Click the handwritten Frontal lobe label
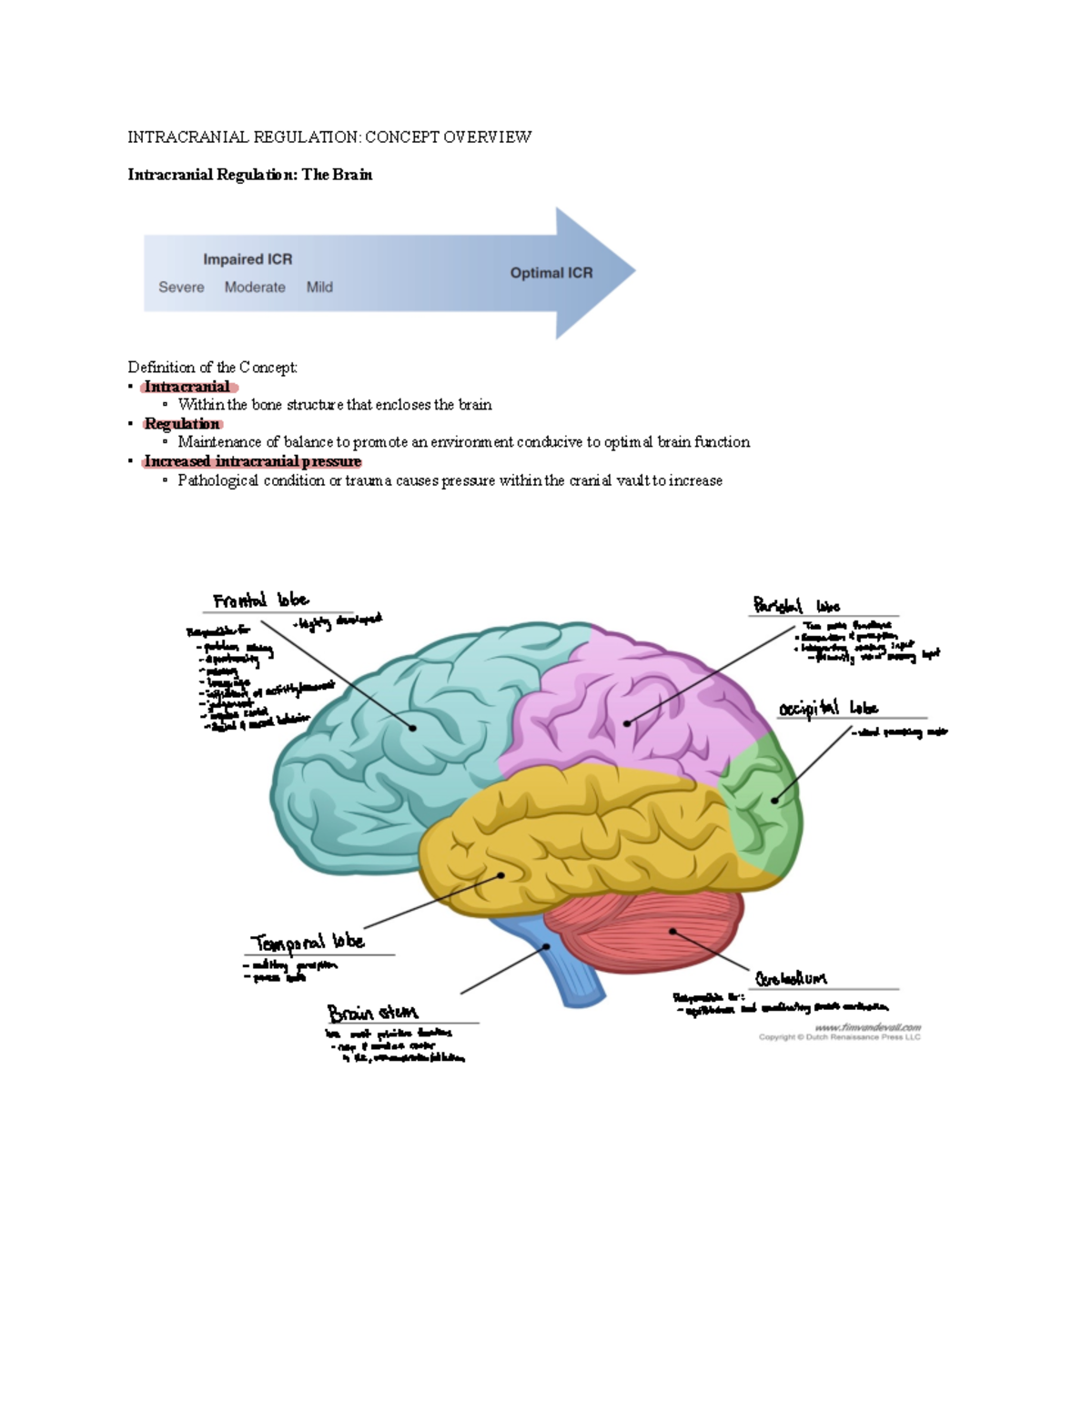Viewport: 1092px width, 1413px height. click(261, 601)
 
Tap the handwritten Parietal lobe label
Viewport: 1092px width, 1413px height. click(796, 605)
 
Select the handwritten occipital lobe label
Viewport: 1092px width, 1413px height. click(828, 708)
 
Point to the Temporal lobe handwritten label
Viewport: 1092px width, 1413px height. click(308, 942)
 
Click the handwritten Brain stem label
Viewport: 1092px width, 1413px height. click(372, 1012)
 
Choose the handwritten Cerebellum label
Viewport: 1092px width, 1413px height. click(791, 978)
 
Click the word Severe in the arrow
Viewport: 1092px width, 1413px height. click(181, 287)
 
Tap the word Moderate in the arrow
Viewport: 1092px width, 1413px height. click(255, 287)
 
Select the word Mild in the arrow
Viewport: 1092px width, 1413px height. click(319, 287)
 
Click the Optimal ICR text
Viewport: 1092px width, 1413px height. click(551, 273)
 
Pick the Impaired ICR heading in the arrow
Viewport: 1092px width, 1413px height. click(248, 259)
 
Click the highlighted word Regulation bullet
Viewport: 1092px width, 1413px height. click(182, 424)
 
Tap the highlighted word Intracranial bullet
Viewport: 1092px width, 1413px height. click(187, 387)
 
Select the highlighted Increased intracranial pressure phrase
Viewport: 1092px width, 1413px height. click(252, 461)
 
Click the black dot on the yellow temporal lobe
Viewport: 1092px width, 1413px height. click(501, 875)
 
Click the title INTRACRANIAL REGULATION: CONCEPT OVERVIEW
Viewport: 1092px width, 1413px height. click(329, 137)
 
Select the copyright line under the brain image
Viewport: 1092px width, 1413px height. click(839, 1036)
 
